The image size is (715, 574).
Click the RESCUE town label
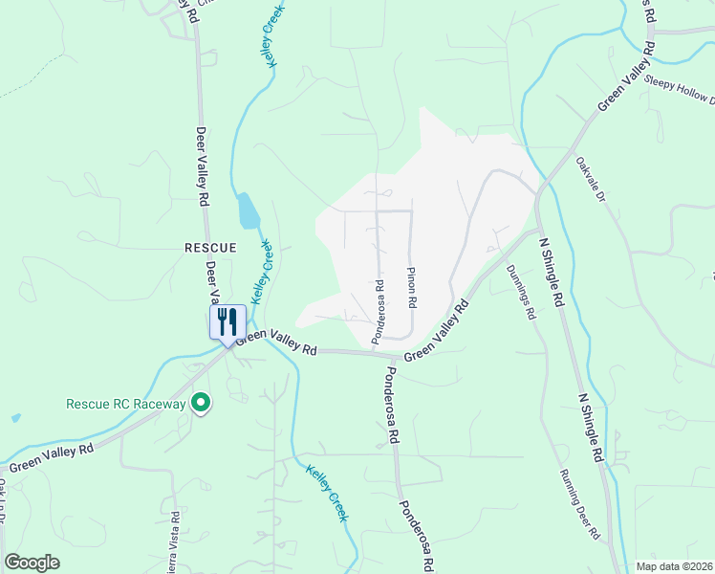[x=208, y=247]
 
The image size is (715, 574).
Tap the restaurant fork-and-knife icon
[x=227, y=320]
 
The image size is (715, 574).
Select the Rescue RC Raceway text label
[x=125, y=404]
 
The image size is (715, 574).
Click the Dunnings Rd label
[x=521, y=293]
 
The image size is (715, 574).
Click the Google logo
[x=32, y=562]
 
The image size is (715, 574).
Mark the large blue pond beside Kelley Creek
[x=248, y=210]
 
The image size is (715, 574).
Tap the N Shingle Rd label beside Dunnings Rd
[x=551, y=274]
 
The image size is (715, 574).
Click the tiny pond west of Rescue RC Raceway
[x=16, y=418]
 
